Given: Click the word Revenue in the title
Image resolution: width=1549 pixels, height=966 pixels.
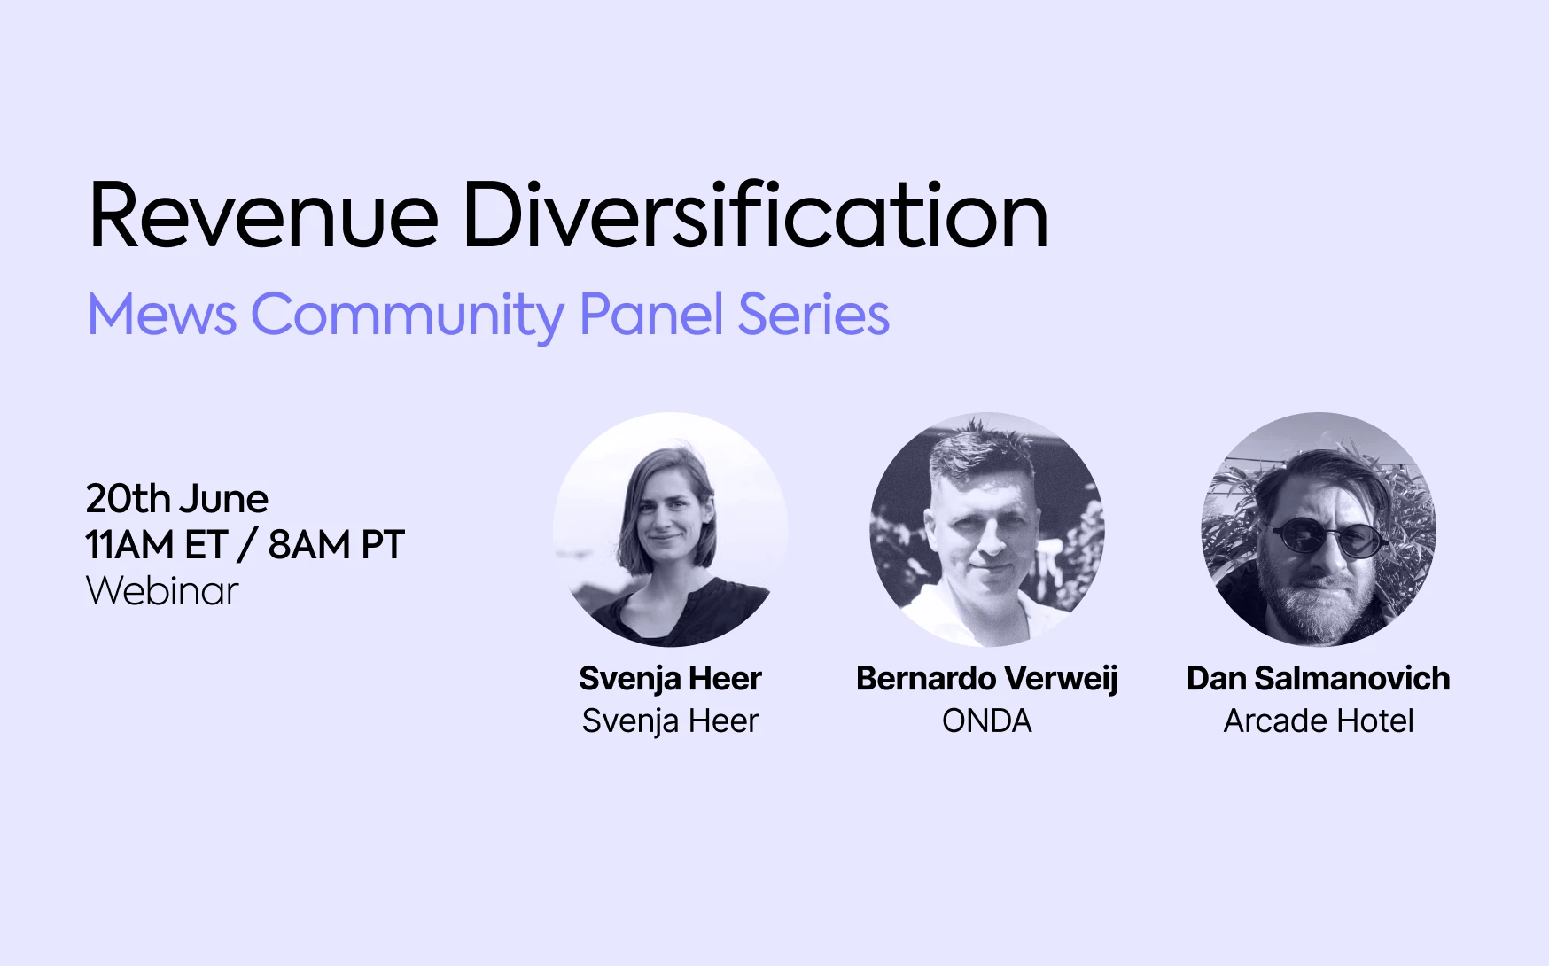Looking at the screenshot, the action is tap(264, 215).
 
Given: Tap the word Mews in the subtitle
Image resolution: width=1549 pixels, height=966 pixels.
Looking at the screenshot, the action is tap(162, 315).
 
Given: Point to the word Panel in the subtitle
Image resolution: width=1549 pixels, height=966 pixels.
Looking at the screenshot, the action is tap(651, 314).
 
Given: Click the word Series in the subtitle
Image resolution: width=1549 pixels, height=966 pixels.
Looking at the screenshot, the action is tap(813, 315).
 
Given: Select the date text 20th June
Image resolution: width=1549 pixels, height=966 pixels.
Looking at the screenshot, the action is tap(177, 499).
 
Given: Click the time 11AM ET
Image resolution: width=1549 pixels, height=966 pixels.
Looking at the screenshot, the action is tap(157, 545).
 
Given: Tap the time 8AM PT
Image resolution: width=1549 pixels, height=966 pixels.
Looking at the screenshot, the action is tap(337, 545).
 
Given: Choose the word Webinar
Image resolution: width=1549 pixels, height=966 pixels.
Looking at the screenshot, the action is tap(162, 591).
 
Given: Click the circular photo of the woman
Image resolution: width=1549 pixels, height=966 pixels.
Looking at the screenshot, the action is tap(671, 529).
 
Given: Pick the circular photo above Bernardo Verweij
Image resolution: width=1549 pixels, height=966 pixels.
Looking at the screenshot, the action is tap(987, 529).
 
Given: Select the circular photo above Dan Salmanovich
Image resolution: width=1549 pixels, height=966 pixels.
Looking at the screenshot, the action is tap(1319, 529).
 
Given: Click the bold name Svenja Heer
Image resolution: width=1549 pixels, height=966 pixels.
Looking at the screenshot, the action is tap(670, 679).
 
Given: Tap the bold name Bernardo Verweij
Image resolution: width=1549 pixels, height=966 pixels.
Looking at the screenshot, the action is tap(987, 679).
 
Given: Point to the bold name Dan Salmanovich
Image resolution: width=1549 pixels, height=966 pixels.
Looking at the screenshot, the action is tap(1319, 679).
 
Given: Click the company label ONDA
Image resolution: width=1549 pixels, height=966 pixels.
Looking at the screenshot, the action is tap(987, 721).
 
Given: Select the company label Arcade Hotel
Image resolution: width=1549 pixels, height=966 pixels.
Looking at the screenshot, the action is tap(1319, 721).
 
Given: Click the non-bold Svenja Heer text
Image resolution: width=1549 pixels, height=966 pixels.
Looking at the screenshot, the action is tap(670, 722).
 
